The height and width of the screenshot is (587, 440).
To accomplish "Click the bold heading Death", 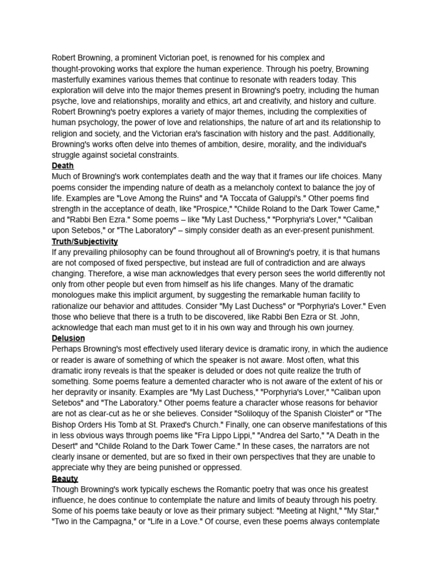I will point(62,166).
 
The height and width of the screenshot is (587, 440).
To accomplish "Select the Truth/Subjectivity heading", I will point(85,241).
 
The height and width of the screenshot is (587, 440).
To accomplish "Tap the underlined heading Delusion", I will point(68,338).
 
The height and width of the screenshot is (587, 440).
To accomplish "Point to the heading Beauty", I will point(65,479).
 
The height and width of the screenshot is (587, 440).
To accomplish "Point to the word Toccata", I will point(264,198).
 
